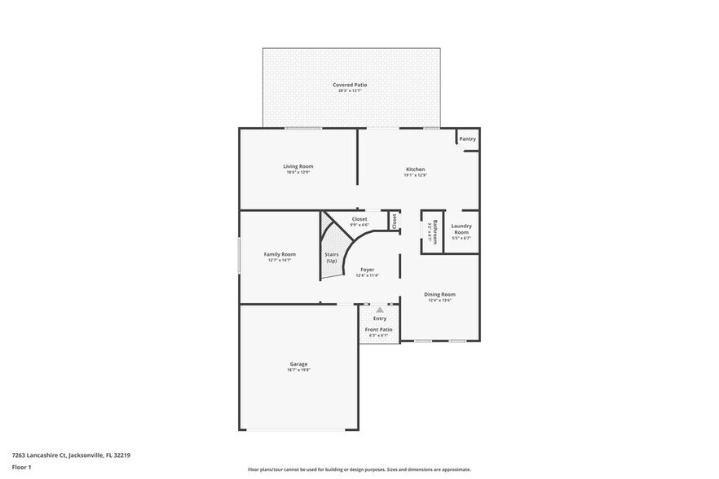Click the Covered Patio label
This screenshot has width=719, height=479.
click(350, 85)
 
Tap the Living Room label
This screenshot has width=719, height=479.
click(298, 166)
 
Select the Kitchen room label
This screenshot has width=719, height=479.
click(415, 169)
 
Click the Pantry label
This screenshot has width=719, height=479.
click(467, 139)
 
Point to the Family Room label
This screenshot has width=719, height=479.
click(279, 254)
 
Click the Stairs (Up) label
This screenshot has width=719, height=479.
click(332, 257)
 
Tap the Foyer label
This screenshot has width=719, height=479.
click(367, 270)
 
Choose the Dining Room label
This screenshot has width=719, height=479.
click(439, 294)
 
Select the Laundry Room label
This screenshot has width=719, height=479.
click(461, 229)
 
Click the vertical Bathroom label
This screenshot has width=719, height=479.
click(434, 231)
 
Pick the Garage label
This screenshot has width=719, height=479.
click(298, 364)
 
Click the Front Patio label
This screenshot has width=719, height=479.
click(378, 329)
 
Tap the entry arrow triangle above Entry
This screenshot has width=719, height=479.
click(379, 310)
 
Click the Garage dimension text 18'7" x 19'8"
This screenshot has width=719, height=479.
click(298, 370)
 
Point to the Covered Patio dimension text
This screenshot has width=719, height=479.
click(350, 90)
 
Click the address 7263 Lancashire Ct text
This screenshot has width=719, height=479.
click(71, 455)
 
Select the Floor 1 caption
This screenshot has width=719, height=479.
click(21, 467)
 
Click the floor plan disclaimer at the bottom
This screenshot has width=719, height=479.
click(359, 470)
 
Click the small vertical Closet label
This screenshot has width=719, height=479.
click(395, 220)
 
